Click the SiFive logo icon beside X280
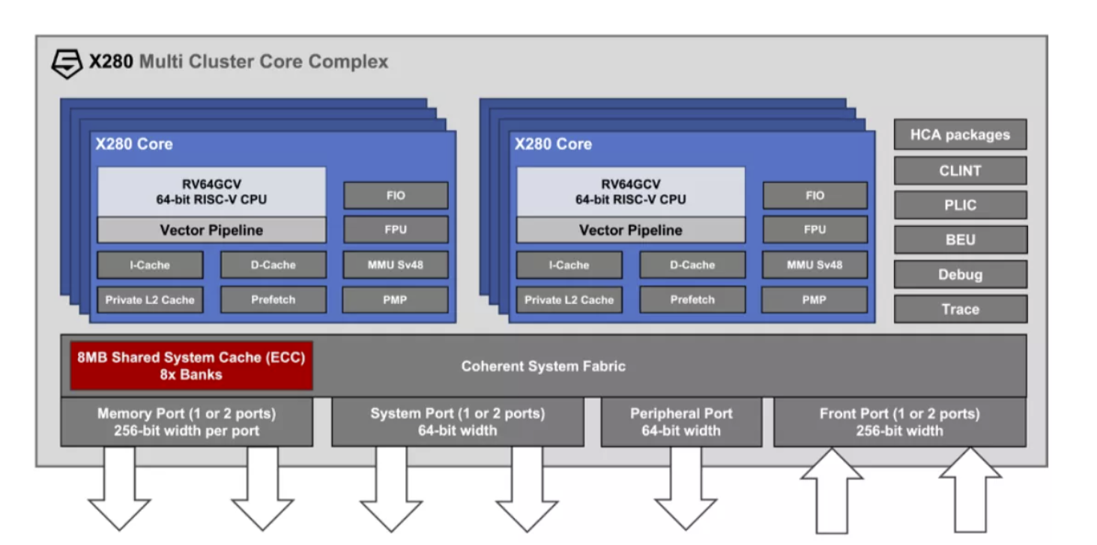67,63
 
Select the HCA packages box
960,135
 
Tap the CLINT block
960,171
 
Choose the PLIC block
960,205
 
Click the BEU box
960,240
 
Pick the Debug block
960,275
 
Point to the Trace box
960,309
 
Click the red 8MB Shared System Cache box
191,366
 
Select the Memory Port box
187,422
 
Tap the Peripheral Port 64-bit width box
681,422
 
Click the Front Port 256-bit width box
900,422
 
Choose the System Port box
457,422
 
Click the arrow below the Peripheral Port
686,488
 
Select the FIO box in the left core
396,195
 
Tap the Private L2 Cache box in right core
569,300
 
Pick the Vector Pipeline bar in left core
211,230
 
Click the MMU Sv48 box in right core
815,265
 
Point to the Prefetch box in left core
274,300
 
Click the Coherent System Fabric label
543,366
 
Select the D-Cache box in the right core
692,265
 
